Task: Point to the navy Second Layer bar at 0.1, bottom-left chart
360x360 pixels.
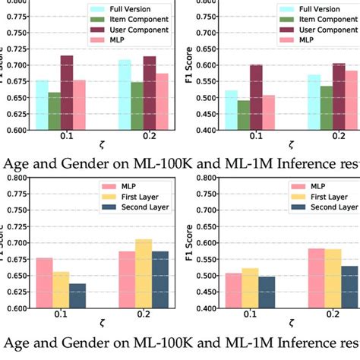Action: click(78, 295)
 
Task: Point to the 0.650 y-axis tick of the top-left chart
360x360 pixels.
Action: click(14, 97)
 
